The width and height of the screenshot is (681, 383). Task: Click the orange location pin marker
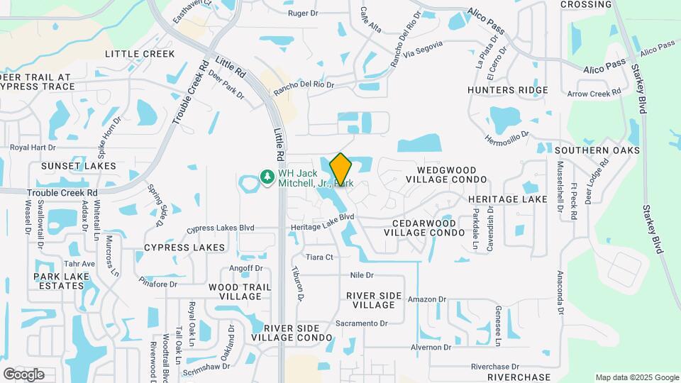pos(340,169)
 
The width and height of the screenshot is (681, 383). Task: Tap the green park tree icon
pos(267,175)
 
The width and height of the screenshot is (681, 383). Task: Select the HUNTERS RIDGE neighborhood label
pos(508,90)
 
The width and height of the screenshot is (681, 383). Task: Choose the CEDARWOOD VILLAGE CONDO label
pos(428,227)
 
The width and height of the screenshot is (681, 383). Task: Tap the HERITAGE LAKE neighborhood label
pos(507,199)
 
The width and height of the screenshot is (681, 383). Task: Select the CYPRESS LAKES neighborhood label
pos(184,248)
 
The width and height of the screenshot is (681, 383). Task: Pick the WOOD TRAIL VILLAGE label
pos(240,292)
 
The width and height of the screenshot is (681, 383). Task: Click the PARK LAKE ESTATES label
pos(62,280)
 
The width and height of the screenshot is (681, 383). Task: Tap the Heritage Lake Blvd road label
pos(322,222)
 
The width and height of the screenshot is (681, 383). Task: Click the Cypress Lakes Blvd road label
pos(220,229)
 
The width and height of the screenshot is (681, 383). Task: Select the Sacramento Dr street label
pos(362,323)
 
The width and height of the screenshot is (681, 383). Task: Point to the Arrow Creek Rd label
pos(594,93)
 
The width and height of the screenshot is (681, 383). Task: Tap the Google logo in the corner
pos(23,374)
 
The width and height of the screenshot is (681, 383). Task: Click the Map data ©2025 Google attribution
pos(636,377)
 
